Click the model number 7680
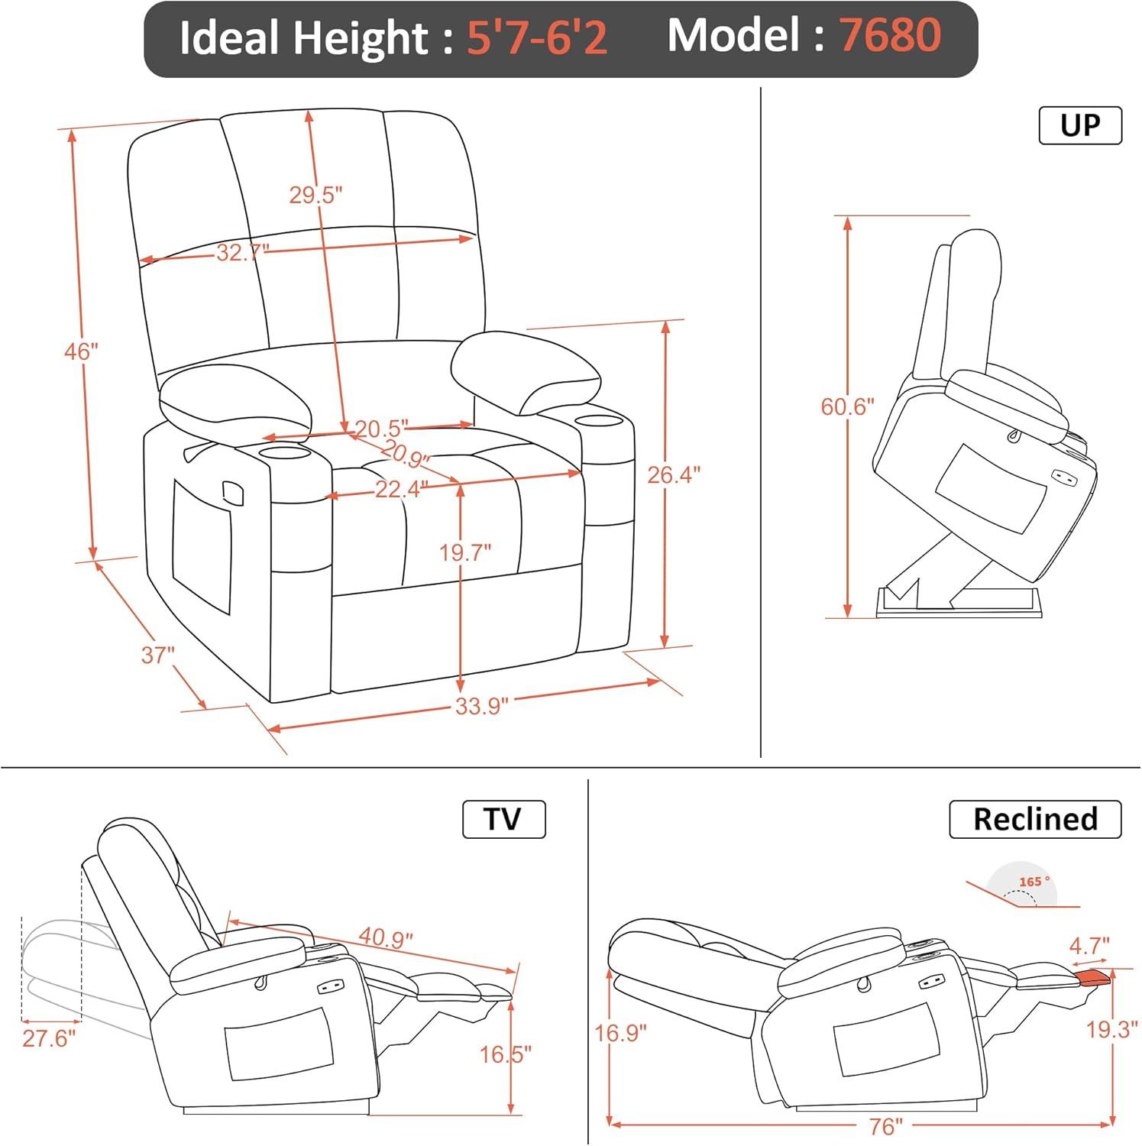tap(890, 35)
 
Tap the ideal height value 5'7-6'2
tap(537, 37)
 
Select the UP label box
tap(1080, 125)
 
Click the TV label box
tap(503, 819)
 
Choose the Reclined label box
tap(1035, 819)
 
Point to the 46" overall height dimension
tap(82, 351)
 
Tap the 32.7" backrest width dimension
tap(243, 252)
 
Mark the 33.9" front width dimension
tap(481, 706)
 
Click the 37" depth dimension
tap(158, 655)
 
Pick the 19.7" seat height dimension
tap(464, 552)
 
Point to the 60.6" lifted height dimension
tap(847, 406)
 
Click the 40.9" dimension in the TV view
tap(387, 937)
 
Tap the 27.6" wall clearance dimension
tap(50, 1038)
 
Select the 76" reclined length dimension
tap(886, 1127)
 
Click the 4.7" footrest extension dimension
tap(1089, 946)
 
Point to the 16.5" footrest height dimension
tap(505, 1054)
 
